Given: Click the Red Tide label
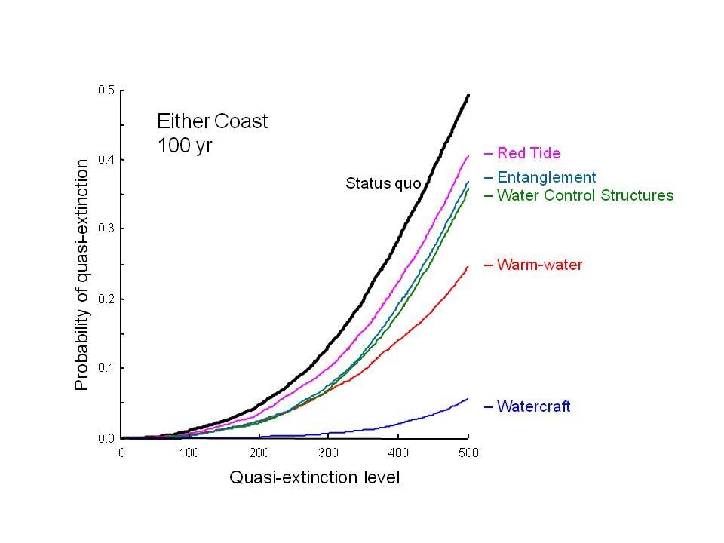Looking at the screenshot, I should [x=528, y=154].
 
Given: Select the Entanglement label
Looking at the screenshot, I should [x=546, y=178].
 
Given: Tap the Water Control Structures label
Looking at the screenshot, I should [x=584, y=195].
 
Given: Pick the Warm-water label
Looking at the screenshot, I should [x=539, y=265].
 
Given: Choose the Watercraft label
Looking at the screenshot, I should [x=533, y=407].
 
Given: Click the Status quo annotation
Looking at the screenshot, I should [x=383, y=183].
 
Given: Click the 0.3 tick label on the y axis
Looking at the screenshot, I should [x=106, y=229].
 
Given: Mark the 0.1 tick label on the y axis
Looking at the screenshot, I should [x=106, y=368].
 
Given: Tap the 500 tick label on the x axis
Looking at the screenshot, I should [x=468, y=453].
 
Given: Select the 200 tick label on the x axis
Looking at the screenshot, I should [x=259, y=453].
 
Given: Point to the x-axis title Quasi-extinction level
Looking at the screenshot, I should [x=314, y=477].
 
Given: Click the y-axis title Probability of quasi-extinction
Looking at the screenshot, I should [x=82, y=274].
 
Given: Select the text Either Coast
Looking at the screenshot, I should [x=212, y=121].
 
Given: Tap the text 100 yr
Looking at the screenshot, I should [x=185, y=145].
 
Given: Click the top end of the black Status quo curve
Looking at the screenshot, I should [x=468, y=95].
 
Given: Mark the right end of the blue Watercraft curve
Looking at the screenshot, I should [x=468, y=399].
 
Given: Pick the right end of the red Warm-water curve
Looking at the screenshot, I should [x=468, y=266].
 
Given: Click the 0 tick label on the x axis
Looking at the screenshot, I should [x=121, y=453].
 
